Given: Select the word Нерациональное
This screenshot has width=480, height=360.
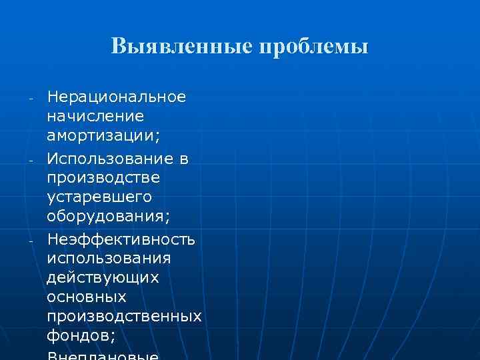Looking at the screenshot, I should pos(117,97).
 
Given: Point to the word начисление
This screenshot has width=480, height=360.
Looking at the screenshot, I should pos(95,117).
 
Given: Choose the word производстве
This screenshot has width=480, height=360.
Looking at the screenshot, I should pos(103,179).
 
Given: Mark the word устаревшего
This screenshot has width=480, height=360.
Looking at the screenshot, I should pos(99,198).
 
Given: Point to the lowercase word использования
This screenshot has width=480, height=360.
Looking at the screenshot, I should pos(109,258).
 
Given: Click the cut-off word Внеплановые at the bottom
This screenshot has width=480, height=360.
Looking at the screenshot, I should pos(103,356).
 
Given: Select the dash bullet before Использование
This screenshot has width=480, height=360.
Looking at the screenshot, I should pos(31,161).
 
